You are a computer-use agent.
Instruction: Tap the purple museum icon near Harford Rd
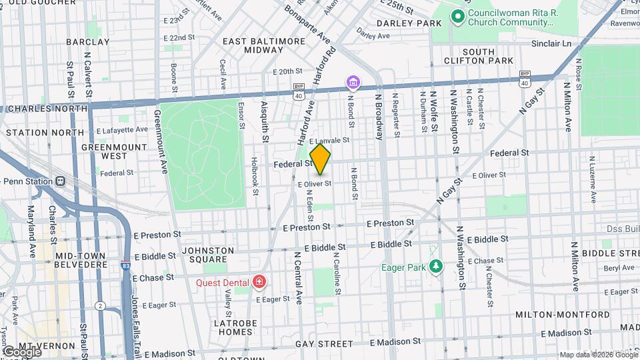353,83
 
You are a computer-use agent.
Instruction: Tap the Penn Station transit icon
61,181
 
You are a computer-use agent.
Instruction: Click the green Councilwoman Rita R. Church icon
457,16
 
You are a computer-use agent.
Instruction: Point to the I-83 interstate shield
126,265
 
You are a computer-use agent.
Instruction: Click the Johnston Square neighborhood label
208,255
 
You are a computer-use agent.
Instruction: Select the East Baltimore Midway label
264,46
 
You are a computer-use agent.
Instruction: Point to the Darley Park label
409,23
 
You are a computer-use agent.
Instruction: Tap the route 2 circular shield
100,305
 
